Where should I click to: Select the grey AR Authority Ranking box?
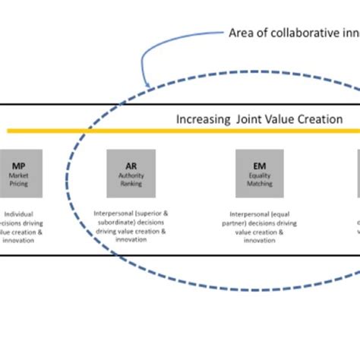pyautogui.click(x=131, y=173)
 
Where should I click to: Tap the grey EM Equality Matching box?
pyautogui.click(x=260, y=173)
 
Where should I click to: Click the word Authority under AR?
pyautogui.click(x=131, y=175)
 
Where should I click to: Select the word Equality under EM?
pyautogui.click(x=260, y=175)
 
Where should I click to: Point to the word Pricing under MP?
pyautogui.click(x=19, y=184)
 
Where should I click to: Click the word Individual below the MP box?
pyautogui.click(x=17, y=215)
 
